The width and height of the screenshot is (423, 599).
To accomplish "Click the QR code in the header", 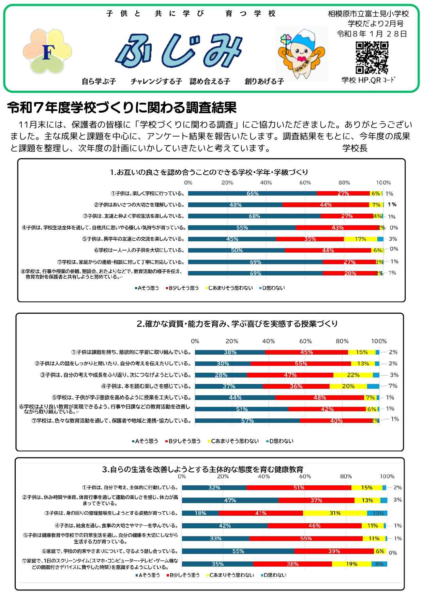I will pyautogui.click(x=372, y=57).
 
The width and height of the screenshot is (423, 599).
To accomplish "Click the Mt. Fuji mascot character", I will pyautogui.click(x=301, y=54).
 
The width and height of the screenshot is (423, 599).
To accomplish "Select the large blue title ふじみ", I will pyautogui.click(x=179, y=51).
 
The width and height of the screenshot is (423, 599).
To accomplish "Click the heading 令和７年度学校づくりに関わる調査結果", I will pyautogui.click(x=122, y=108).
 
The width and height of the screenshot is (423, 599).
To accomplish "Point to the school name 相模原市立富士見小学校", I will pyautogui.click(x=368, y=14).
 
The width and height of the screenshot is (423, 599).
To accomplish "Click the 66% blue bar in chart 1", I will pyautogui.click(x=252, y=194).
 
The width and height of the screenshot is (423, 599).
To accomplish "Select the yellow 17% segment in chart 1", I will pyautogui.click(x=360, y=239).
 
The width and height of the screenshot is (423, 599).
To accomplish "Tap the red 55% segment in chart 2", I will pyautogui.click(x=301, y=363).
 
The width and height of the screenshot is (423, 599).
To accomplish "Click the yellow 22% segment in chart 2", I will pyautogui.click(x=353, y=375).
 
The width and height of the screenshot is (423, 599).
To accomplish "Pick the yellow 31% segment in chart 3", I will pyautogui.click(x=335, y=513).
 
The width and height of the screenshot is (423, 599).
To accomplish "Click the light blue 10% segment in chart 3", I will pyautogui.click(x=377, y=513).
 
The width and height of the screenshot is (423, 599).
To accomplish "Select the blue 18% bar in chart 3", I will pyautogui.click(x=200, y=513).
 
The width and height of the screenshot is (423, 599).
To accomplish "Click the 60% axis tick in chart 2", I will pyautogui.click(x=305, y=341).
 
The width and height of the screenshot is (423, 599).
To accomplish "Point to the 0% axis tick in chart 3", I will pyautogui.click(x=182, y=476).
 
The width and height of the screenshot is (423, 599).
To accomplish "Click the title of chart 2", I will pyautogui.click(x=237, y=324).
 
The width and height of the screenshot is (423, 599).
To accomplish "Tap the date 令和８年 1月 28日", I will pyautogui.click(x=372, y=34).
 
